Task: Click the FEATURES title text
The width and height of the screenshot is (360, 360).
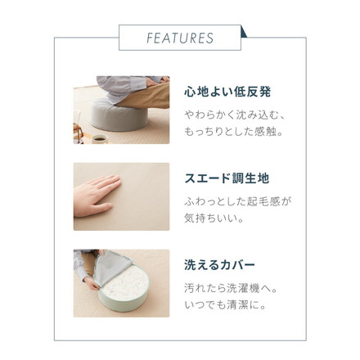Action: pos(180,38)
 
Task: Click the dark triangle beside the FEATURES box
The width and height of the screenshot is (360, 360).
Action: pos(245,32)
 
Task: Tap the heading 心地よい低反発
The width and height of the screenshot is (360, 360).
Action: pos(226,91)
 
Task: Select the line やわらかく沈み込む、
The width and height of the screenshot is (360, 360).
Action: pos(234,115)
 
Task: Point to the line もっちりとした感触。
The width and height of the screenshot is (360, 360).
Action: pos(234,131)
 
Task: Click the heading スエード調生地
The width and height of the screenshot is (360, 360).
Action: pos(226,178)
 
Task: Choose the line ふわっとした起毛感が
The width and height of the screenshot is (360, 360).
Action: pos(237,201)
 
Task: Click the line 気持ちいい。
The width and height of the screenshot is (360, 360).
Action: pos(214,218)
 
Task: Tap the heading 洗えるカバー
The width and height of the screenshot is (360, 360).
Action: pos(219,265)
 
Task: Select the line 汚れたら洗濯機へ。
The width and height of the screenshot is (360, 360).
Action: pos(232,289)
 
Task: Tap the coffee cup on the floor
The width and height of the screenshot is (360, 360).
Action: pos(98,137)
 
